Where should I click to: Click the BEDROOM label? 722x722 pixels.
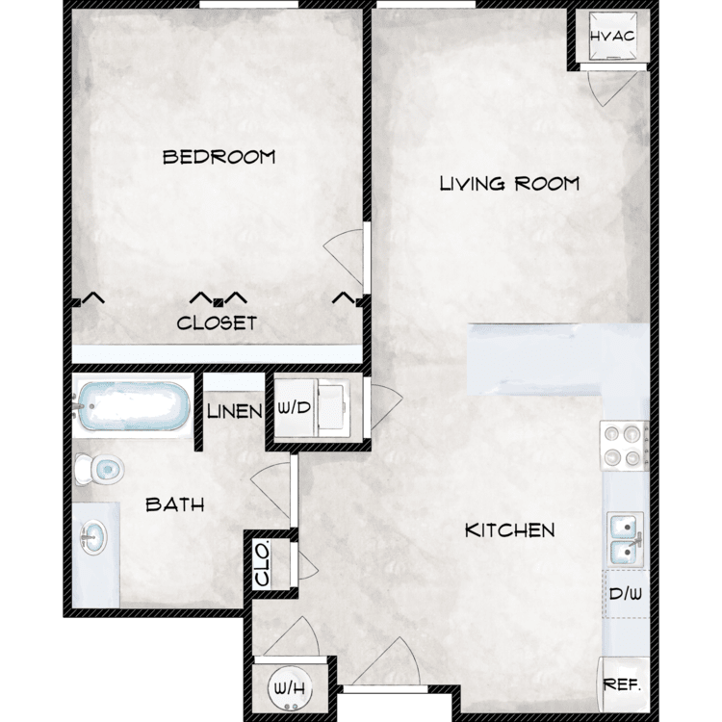(x=219, y=157)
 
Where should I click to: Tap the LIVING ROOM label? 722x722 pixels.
(x=509, y=184)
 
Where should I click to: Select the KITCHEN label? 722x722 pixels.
(x=509, y=530)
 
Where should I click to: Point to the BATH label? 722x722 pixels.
(x=175, y=505)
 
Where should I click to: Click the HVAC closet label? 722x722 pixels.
(x=612, y=37)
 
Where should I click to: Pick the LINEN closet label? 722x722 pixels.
(x=234, y=411)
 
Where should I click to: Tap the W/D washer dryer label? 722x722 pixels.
(x=295, y=407)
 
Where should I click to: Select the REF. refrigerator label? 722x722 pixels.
(x=622, y=684)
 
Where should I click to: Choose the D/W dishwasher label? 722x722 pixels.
(x=626, y=594)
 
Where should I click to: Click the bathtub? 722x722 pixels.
(x=133, y=406)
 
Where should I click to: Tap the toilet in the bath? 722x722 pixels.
(x=98, y=469)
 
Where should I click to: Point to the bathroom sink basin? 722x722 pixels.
(x=93, y=537)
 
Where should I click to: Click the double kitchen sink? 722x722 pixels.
(x=625, y=539)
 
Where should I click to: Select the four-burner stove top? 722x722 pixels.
(x=624, y=446)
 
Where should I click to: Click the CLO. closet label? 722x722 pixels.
(x=263, y=564)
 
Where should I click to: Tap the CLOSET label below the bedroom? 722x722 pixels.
(x=217, y=322)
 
